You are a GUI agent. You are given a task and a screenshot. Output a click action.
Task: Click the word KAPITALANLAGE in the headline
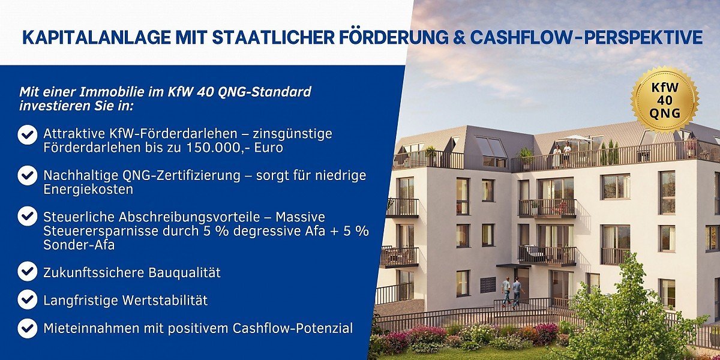click(x=97, y=38)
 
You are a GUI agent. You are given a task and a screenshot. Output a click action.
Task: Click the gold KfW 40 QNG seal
click(x=664, y=100)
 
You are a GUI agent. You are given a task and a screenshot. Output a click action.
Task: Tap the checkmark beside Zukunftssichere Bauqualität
click(x=28, y=272)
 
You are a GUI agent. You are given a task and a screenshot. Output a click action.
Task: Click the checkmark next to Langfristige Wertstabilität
click(x=28, y=299)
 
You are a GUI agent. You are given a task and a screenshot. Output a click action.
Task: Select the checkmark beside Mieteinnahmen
click(x=28, y=328)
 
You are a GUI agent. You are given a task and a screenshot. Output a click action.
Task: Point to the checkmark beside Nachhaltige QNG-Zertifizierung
click(x=28, y=175)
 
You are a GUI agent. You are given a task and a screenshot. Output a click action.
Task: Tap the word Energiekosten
click(x=88, y=190)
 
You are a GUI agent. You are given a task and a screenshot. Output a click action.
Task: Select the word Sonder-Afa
click(x=79, y=245)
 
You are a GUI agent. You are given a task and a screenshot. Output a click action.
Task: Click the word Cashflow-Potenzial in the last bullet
click(x=293, y=328)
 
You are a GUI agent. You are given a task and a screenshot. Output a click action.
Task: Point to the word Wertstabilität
click(x=166, y=300)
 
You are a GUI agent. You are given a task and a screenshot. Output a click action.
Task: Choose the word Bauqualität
click(x=184, y=272)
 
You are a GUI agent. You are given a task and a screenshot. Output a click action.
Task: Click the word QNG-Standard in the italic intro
click(x=265, y=92)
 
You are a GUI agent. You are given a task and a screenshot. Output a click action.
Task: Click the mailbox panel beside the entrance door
click(x=488, y=285)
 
